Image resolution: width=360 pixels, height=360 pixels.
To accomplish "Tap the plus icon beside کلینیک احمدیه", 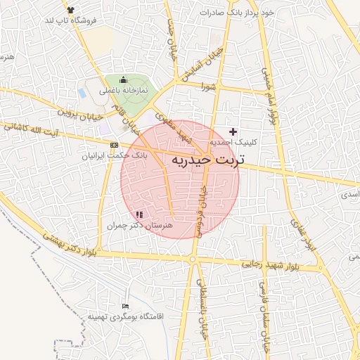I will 233,131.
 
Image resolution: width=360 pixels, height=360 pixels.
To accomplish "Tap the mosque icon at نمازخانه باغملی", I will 124,79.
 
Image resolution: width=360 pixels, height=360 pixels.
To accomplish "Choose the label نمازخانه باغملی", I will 123,91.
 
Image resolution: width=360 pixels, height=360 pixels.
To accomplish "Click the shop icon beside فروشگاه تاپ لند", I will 70,9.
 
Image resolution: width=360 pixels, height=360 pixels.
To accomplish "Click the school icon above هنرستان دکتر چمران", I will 139,214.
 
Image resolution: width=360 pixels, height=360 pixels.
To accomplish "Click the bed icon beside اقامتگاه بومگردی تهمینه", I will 125,307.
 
